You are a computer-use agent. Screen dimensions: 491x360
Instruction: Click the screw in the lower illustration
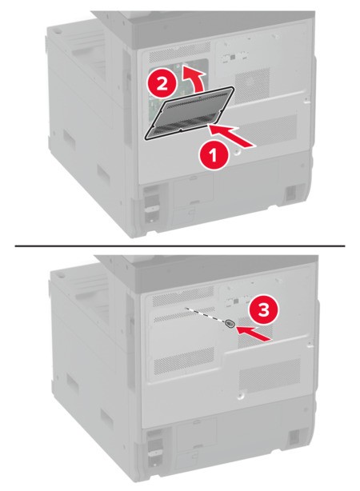tap(230, 325)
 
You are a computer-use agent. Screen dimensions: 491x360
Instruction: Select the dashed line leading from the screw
tap(205, 314)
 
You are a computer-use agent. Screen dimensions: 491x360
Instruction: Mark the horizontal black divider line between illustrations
tap(180, 245)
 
